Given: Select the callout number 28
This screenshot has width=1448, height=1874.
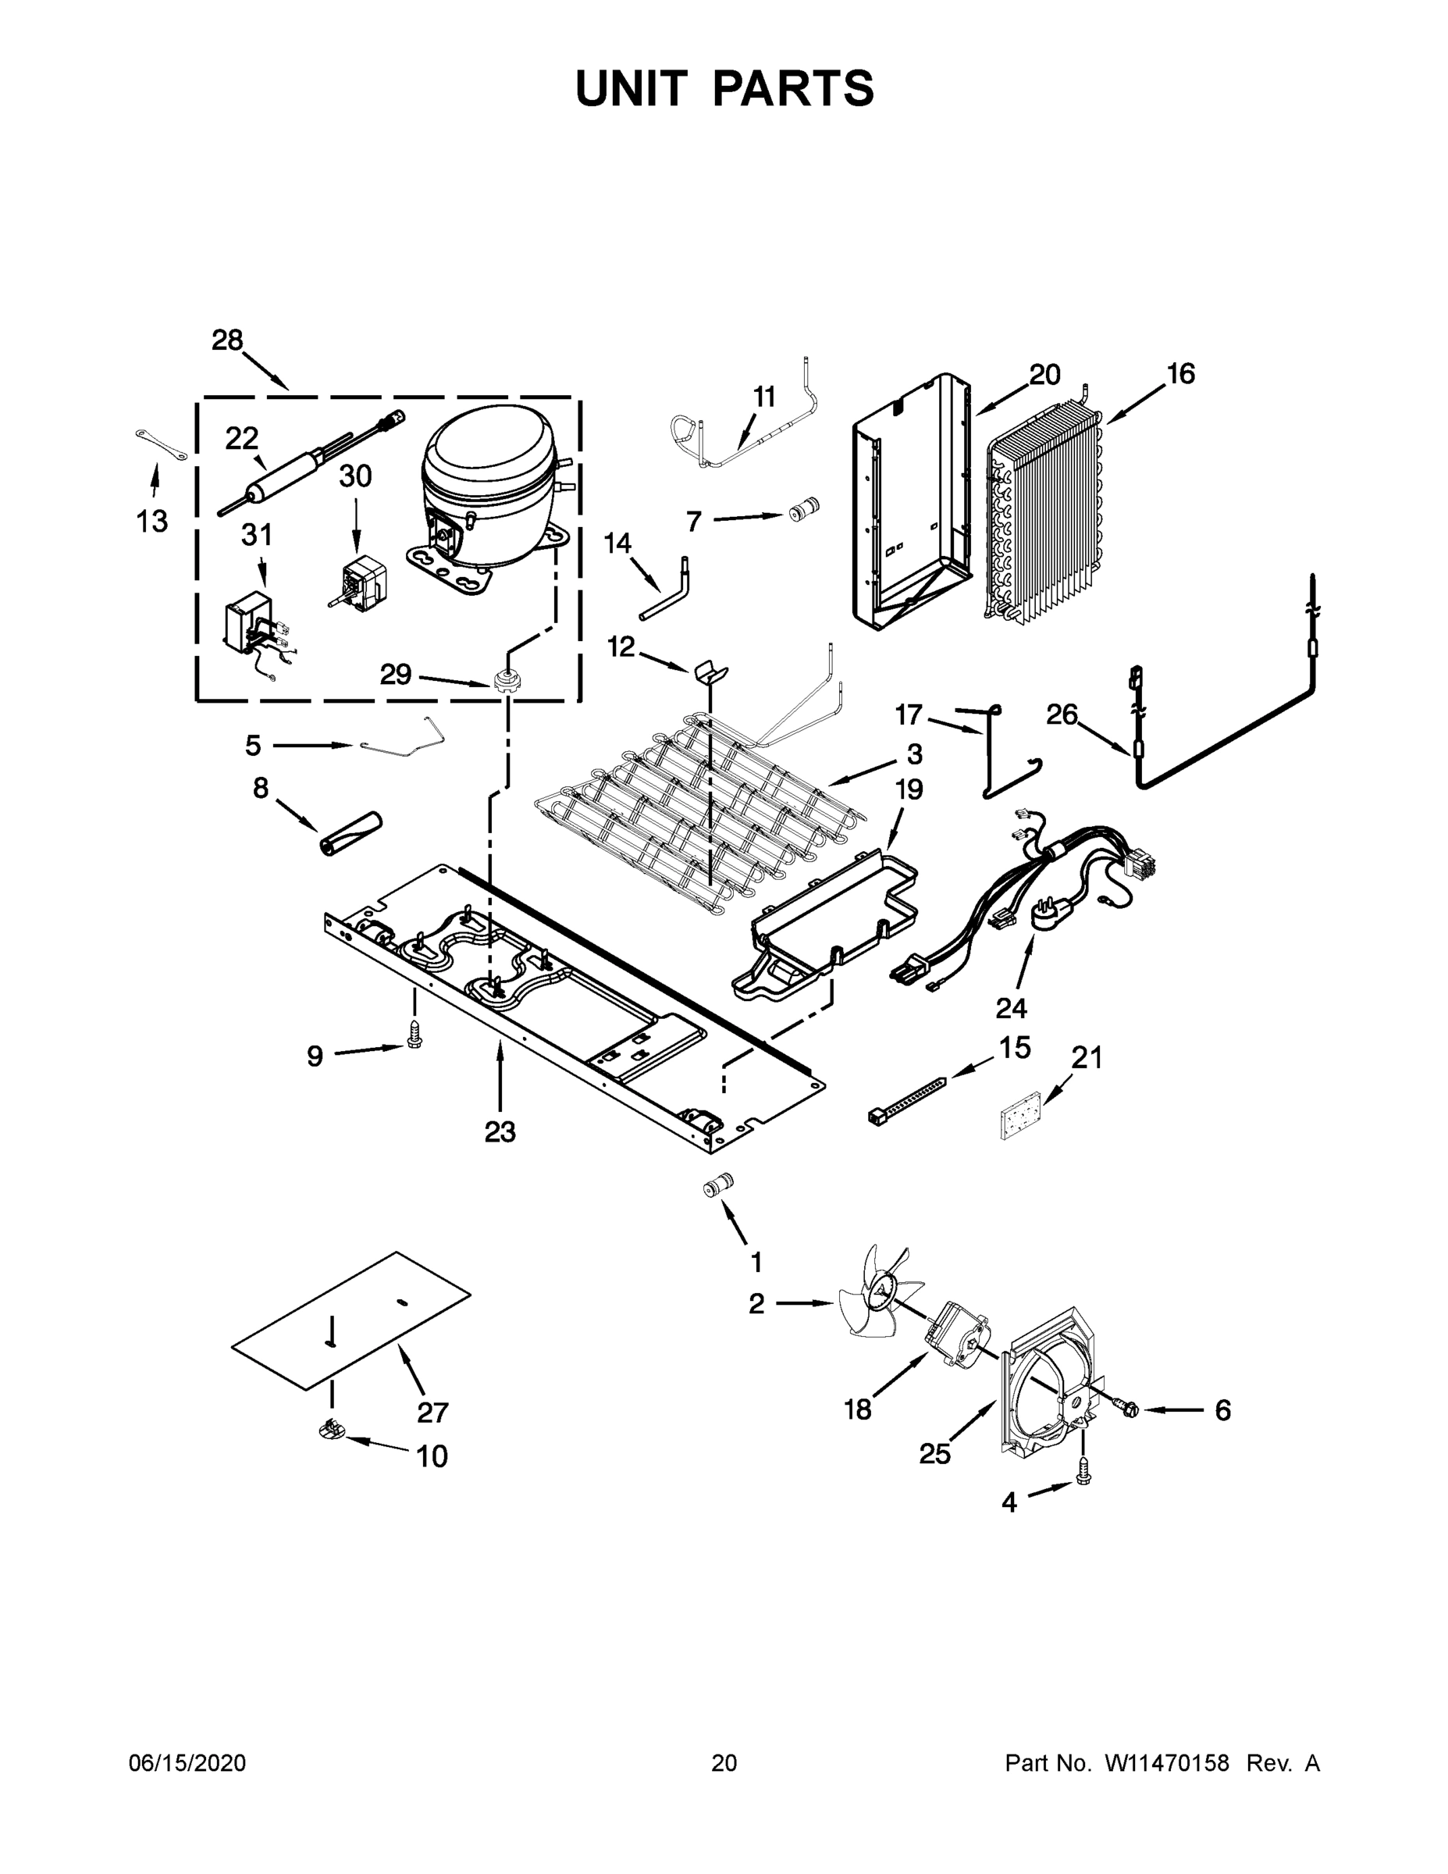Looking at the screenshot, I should tap(227, 340).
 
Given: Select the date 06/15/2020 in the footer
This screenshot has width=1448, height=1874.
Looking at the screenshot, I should tap(187, 1763).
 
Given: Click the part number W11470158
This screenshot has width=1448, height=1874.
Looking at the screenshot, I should tap(1167, 1763).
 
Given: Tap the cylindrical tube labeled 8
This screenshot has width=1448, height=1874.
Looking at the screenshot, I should tap(350, 832).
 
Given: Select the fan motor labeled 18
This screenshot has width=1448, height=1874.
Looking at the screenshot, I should tap(955, 1339).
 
